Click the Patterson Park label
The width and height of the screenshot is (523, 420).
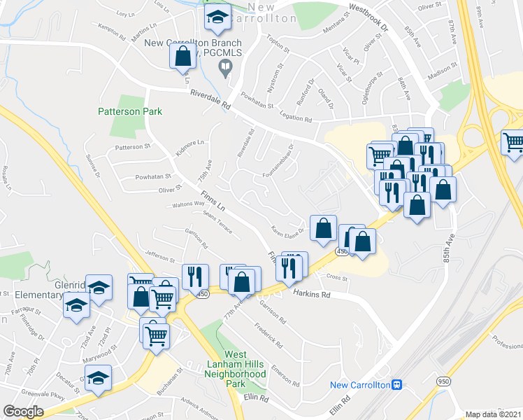click(130, 111)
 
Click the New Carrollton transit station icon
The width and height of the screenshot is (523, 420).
click(396, 384)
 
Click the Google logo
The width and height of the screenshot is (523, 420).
click(23, 412)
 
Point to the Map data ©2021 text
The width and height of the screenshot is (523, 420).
click(494, 414)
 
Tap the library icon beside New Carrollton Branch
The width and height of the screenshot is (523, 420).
click(225, 68)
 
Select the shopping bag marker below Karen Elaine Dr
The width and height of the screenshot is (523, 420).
click(322, 228)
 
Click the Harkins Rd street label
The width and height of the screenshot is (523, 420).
click(311, 295)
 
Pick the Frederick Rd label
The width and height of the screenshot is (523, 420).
click(268, 337)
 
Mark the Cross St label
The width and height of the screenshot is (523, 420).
click(337, 277)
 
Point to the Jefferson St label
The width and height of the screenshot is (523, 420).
click(158, 257)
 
